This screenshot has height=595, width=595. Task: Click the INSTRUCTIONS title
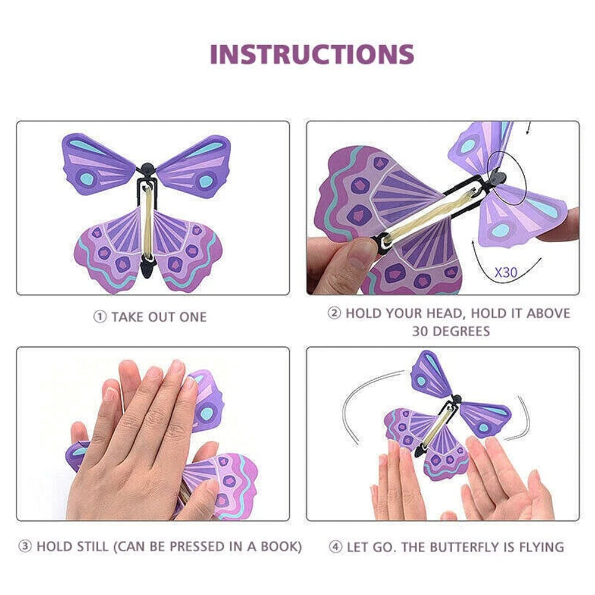pos(312,54)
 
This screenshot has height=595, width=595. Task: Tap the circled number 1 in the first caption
pos(99,317)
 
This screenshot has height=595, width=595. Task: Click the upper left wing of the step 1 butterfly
pos(99,161)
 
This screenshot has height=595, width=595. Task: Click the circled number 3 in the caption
pos(26,546)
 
